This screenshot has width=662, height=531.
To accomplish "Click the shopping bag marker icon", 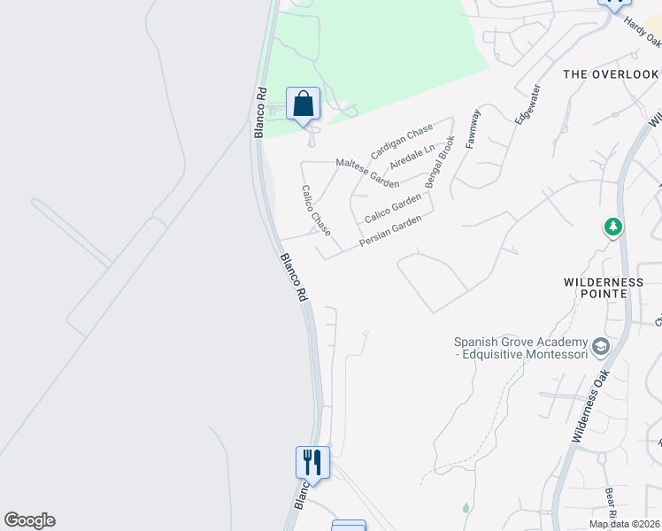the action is pos(303,104).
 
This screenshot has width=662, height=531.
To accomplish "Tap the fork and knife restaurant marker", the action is pos(312,461).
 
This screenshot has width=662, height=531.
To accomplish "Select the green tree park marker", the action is pos(612,227).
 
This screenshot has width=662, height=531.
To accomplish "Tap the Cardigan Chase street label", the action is pos(402,142).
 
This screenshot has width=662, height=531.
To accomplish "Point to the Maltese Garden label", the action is pos(367,173).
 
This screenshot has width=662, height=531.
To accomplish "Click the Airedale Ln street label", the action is pos(413,158).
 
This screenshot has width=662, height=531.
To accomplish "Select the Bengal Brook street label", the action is pos(440,161).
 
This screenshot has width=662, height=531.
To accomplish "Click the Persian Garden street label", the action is pos(390,232).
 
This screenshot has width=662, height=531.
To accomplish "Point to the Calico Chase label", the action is pos(316,211).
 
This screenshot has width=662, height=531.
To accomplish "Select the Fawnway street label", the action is pos(473,128).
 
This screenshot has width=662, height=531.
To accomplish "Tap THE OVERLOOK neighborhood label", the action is pos(612,74).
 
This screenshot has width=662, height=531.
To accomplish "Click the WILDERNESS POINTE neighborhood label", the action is pos(604,289).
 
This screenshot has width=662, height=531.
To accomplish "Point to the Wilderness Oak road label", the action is pos(592,405).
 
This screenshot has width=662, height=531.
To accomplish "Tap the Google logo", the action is pos(29,520).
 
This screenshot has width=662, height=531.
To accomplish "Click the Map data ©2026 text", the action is pos(624,524).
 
